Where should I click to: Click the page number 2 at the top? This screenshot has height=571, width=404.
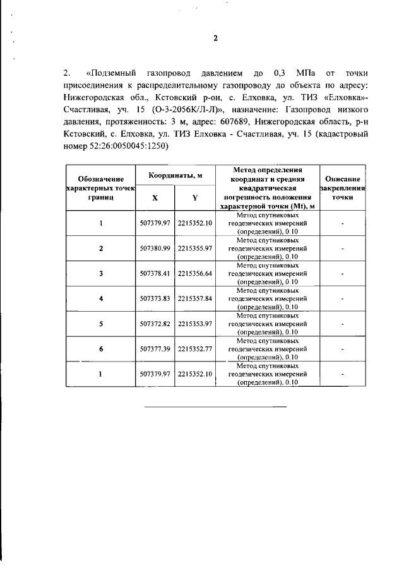coord(215,38)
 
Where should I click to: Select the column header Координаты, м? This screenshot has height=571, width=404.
coord(175,175)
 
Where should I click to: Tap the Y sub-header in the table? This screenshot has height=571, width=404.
coord(195,197)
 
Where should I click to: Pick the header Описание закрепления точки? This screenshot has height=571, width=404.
coord(342,188)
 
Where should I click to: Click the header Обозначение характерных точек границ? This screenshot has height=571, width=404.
coord(101,188)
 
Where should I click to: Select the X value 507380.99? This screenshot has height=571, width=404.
coord(155,249)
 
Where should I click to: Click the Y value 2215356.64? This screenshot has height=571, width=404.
coord(195,273)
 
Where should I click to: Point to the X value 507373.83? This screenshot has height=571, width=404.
coord(155,298)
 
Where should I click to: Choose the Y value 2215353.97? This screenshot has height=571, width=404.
coord(195,323)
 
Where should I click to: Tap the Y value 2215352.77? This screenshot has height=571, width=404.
coord(195,348)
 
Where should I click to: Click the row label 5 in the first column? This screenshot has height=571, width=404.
coord(101,323)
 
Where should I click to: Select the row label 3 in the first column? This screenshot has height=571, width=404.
coord(101,273)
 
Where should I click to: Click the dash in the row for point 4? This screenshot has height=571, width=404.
coord(342,298)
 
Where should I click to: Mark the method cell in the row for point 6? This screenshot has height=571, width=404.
coord(268,348)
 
